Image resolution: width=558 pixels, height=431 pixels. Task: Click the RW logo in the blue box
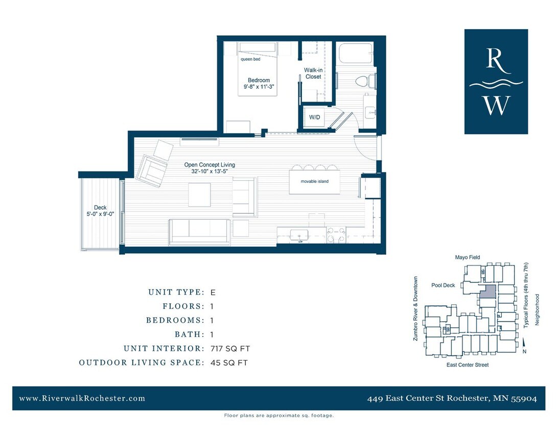(496, 82)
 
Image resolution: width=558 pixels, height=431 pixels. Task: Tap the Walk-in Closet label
(313, 73)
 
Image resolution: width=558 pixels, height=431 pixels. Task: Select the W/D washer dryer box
(314, 117)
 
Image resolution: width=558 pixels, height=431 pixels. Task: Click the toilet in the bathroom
(364, 81)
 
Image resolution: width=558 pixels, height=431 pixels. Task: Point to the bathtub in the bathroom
(355, 54)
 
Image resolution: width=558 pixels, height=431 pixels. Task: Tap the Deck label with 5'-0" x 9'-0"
(100, 211)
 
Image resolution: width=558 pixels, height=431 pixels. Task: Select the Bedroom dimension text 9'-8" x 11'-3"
(259, 87)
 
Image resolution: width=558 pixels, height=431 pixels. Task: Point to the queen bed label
(250, 59)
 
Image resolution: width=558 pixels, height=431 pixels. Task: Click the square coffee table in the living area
(199, 195)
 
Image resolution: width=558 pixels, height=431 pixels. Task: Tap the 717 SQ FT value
(230, 349)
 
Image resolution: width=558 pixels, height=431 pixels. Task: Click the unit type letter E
(213, 293)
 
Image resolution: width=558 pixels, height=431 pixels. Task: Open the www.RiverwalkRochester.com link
(82, 398)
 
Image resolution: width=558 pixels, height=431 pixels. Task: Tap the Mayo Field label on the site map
(468, 257)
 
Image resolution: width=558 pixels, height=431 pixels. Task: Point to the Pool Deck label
(443, 285)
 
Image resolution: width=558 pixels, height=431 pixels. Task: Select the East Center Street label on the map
(468, 365)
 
